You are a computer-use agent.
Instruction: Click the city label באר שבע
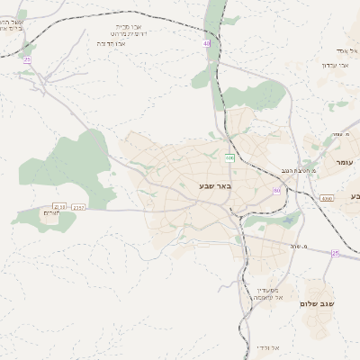tap(215, 186)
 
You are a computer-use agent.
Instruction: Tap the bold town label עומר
tap(344, 161)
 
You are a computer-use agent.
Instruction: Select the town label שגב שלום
tap(317, 304)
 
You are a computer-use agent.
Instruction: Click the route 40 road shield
tap(206, 42)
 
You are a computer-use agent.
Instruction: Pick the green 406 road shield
tap(229, 158)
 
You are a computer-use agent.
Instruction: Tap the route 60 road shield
tap(276, 191)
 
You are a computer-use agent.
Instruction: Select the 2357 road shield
tap(78, 207)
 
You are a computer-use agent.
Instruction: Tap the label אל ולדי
tap(267, 347)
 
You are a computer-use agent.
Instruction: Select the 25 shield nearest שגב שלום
tap(335, 254)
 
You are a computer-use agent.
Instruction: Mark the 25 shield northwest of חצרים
tap(27, 59)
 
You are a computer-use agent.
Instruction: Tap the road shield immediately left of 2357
tap(59, 206)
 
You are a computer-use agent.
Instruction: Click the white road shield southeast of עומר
tap(326, 198)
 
